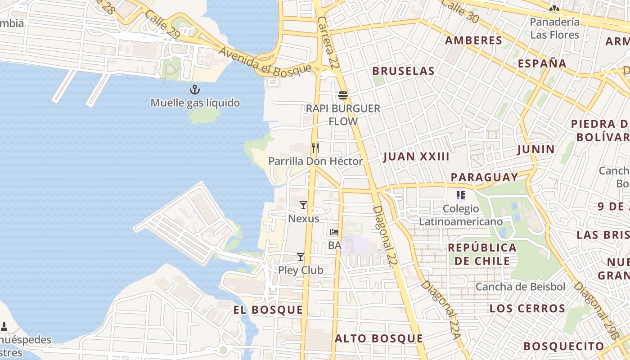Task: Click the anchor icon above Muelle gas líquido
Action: click(194, 89)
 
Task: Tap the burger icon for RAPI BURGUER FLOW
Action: click(343, 95)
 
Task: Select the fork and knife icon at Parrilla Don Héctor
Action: click(315, 148)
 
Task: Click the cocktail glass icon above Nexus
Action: click(303, 205)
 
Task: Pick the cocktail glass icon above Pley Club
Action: click(301, 257)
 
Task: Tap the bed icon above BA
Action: click(334, 232)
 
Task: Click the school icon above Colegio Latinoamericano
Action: click(460, 195)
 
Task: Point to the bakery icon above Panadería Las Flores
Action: click(554, 8)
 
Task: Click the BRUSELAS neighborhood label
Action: click(404, 71)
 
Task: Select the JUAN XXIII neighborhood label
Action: click(416, 157)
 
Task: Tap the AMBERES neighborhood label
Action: click(473, 40)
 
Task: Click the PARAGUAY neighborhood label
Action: click(485, 177)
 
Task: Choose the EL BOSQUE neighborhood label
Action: click(268, 310)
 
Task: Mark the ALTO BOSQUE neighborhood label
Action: click(379, 339)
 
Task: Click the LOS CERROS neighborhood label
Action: click(527, 309)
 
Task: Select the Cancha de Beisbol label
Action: click(520, 287)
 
